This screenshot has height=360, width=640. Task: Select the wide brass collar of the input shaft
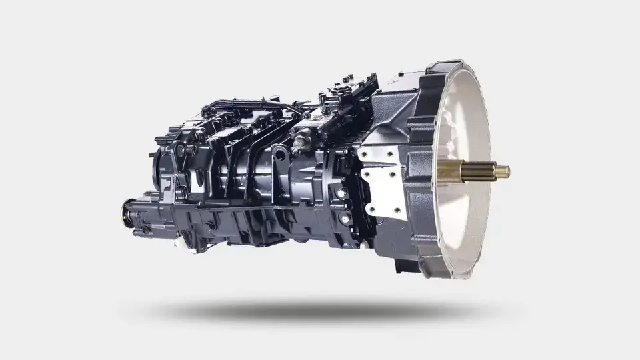click(x=450, y=172)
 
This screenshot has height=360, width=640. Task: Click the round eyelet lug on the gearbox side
click(x=281, y=155)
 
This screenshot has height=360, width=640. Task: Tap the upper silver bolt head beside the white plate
click(x=342, y=193)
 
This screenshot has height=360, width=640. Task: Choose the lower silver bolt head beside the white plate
click(x=345, y=218)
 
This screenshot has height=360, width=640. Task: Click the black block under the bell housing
click(x=404, y=265)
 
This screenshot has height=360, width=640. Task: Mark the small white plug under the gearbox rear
click(x=179, y=242)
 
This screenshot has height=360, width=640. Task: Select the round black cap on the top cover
click(x=208, y=110)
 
